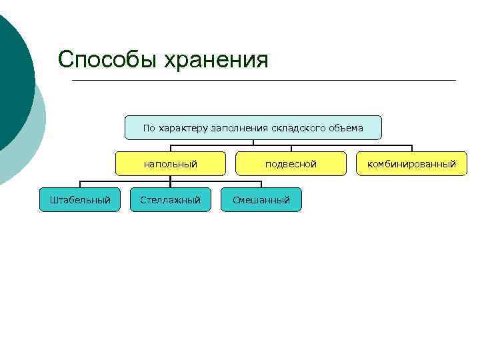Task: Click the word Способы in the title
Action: pyautogui.click(x=102, y=59)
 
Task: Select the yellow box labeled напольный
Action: pyautogui.click(x=171, y=163)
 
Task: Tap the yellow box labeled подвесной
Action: pyautogui.click(x=291, y=163)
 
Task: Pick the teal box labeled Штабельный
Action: pyautogui.click(x=80, y=199)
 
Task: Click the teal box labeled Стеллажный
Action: pyautogui.click(x=171, y=199)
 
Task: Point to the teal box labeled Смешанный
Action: pyautogui.click(x=261, y=199)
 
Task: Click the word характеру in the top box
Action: pyautogui.click(x=182, y=127)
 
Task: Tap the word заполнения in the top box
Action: pyautogui.click(x=240, y=127)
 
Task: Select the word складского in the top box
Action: pyautogui.click(x=298, y=127)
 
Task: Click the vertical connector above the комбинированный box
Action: pyautogui.click(x=412, y=148)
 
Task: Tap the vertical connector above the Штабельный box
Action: pyautogui.click(x=81, y=184)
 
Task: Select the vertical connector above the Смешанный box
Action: pyautogui.click(x=261, y=184)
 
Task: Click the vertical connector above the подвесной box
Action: pyautogui.click(x=291, y=148)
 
